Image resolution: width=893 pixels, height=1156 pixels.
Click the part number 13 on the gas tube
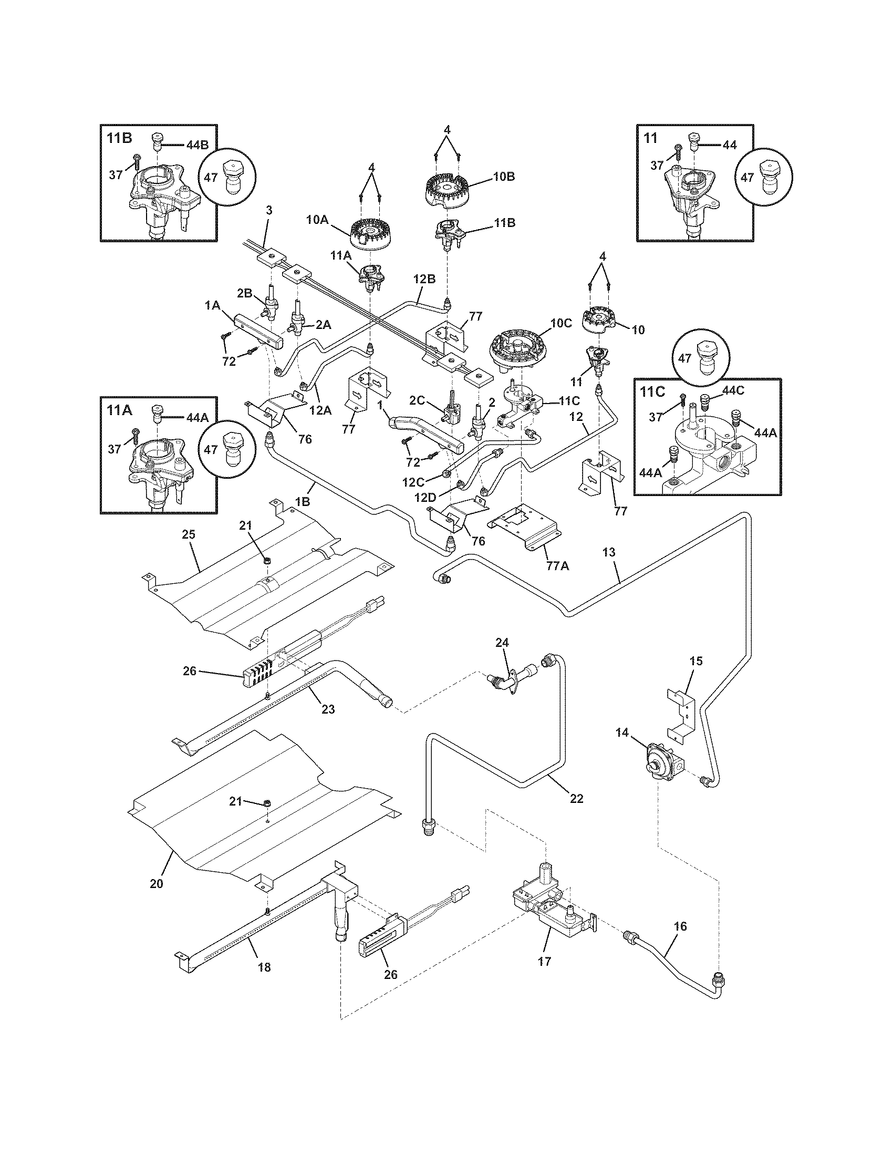point(608,552)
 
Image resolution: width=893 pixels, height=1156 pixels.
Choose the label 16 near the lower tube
point(680,926)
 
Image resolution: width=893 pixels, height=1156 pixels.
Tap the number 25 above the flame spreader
point(189,534)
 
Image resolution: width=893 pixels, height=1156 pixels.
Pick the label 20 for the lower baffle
point(157,883)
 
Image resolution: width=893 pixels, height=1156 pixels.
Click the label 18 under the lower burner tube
point(264,967)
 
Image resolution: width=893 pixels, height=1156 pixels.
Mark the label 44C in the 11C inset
point(733,390)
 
